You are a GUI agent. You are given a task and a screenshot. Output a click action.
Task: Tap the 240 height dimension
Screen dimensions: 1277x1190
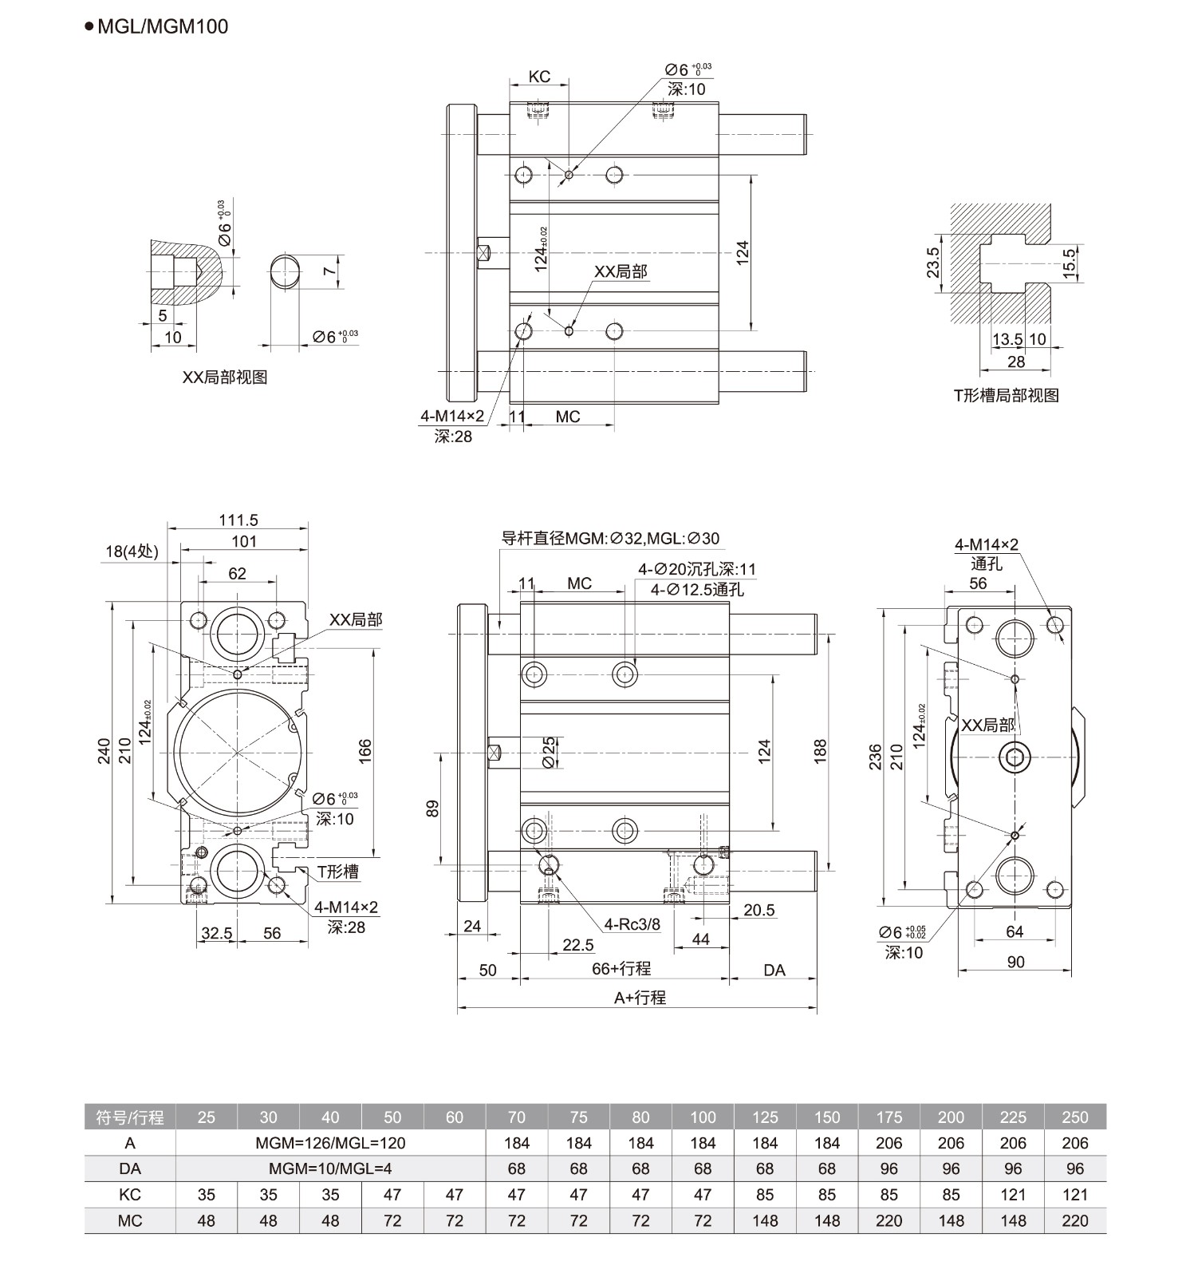pyautogui.click(x=104, y=751)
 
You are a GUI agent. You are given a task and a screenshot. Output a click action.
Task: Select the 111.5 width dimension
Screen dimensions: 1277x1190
pyautogui.click(x=238, y=520)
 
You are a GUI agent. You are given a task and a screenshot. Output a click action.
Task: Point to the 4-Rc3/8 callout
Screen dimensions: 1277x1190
pyautogui.click(x=632, y=924)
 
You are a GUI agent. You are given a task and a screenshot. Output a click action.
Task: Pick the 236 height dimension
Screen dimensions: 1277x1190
pyautogui.click(x=875, y=755)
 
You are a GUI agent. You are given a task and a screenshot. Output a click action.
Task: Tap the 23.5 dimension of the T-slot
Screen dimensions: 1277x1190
pyautogui.click(x=933, y=263)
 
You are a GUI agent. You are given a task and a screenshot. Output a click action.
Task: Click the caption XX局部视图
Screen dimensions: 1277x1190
pyautogui.click(x=225, y=378)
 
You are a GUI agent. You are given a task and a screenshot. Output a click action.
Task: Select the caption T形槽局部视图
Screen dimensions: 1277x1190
pyautogui.click(x=1006, y=394)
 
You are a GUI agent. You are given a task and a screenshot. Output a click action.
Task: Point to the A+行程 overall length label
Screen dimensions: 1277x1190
pyautogui.click(x=640, y=997)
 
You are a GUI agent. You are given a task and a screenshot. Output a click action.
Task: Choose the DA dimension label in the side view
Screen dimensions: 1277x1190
pyautogui.click(x=774, y=970)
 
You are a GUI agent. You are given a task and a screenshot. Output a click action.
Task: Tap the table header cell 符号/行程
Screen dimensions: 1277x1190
pyautogui.click(x=129, y=1117)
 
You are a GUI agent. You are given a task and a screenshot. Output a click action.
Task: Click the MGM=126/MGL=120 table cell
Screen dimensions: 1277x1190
pyautogui.click(x=330, y=1143)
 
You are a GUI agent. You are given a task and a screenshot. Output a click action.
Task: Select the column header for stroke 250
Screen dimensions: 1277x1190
pyautogui.click(x=1074, y=1117)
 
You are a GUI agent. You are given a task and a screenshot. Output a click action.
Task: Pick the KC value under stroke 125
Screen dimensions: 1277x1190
pyautogui.click(x=764, y=1195)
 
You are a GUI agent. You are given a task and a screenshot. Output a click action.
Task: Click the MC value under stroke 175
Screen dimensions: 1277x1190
pyautogui.click(x=889, y=1220)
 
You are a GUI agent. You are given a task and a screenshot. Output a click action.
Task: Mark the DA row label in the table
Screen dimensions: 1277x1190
pyautogui.click(x=129, y=1168)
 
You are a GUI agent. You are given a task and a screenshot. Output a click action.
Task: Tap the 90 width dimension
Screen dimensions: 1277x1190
pyautogui.click(x=1015, y=962)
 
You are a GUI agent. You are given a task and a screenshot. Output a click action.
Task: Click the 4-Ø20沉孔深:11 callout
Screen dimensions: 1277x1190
pyautogui.click(x=696, y=569)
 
